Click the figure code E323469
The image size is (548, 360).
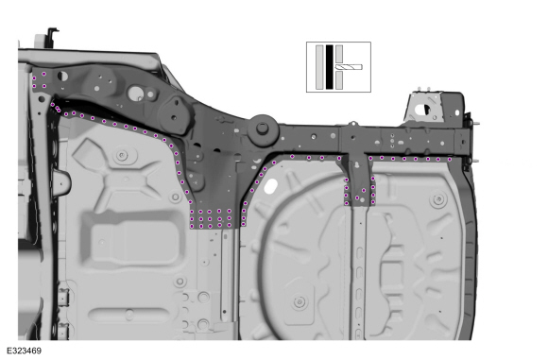25,351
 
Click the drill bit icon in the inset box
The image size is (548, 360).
349,67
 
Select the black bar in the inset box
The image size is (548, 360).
329,67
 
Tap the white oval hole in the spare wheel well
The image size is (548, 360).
270,186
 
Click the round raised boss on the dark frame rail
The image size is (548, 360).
263,129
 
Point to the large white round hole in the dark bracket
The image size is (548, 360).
136,93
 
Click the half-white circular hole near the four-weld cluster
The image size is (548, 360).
62,76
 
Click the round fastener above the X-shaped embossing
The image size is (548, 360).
122,155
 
